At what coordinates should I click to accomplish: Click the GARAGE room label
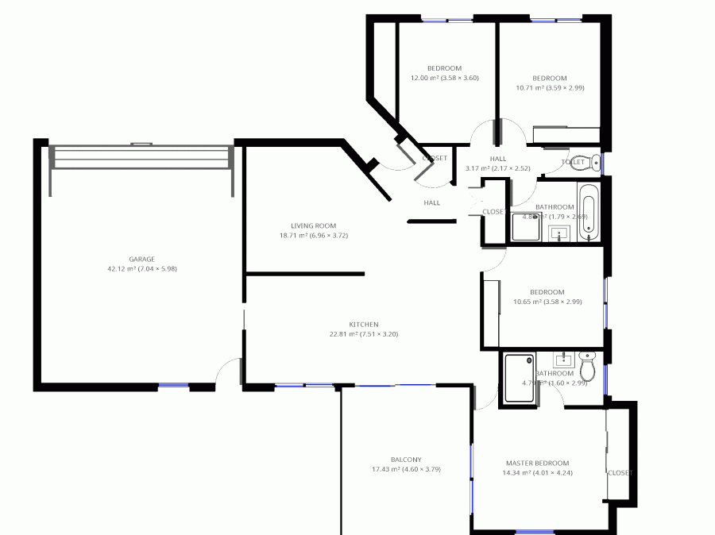[142, 259]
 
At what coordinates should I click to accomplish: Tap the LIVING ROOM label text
[314, 225]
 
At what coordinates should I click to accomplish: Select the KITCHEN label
[363, 324]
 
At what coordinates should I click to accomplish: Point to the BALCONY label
[406, 460]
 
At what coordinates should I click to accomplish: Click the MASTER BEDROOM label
[538, 463]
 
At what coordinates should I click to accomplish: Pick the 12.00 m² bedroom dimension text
[444, 79]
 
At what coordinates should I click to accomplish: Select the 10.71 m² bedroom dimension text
[550, 88]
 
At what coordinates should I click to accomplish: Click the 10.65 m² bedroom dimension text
[547, 302]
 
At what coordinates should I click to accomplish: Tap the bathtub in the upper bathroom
[588, 211]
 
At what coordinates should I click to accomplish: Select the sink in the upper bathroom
[560, 233]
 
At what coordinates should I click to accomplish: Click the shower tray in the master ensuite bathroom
[520, 379]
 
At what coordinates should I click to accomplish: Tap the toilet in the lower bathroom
[588, 368]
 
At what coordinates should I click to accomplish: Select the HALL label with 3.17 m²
[498, 164]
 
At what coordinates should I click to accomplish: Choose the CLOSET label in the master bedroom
[620, 472]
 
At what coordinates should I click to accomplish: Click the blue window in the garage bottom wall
[173, 386]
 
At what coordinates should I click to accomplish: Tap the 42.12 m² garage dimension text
[142, 269]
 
